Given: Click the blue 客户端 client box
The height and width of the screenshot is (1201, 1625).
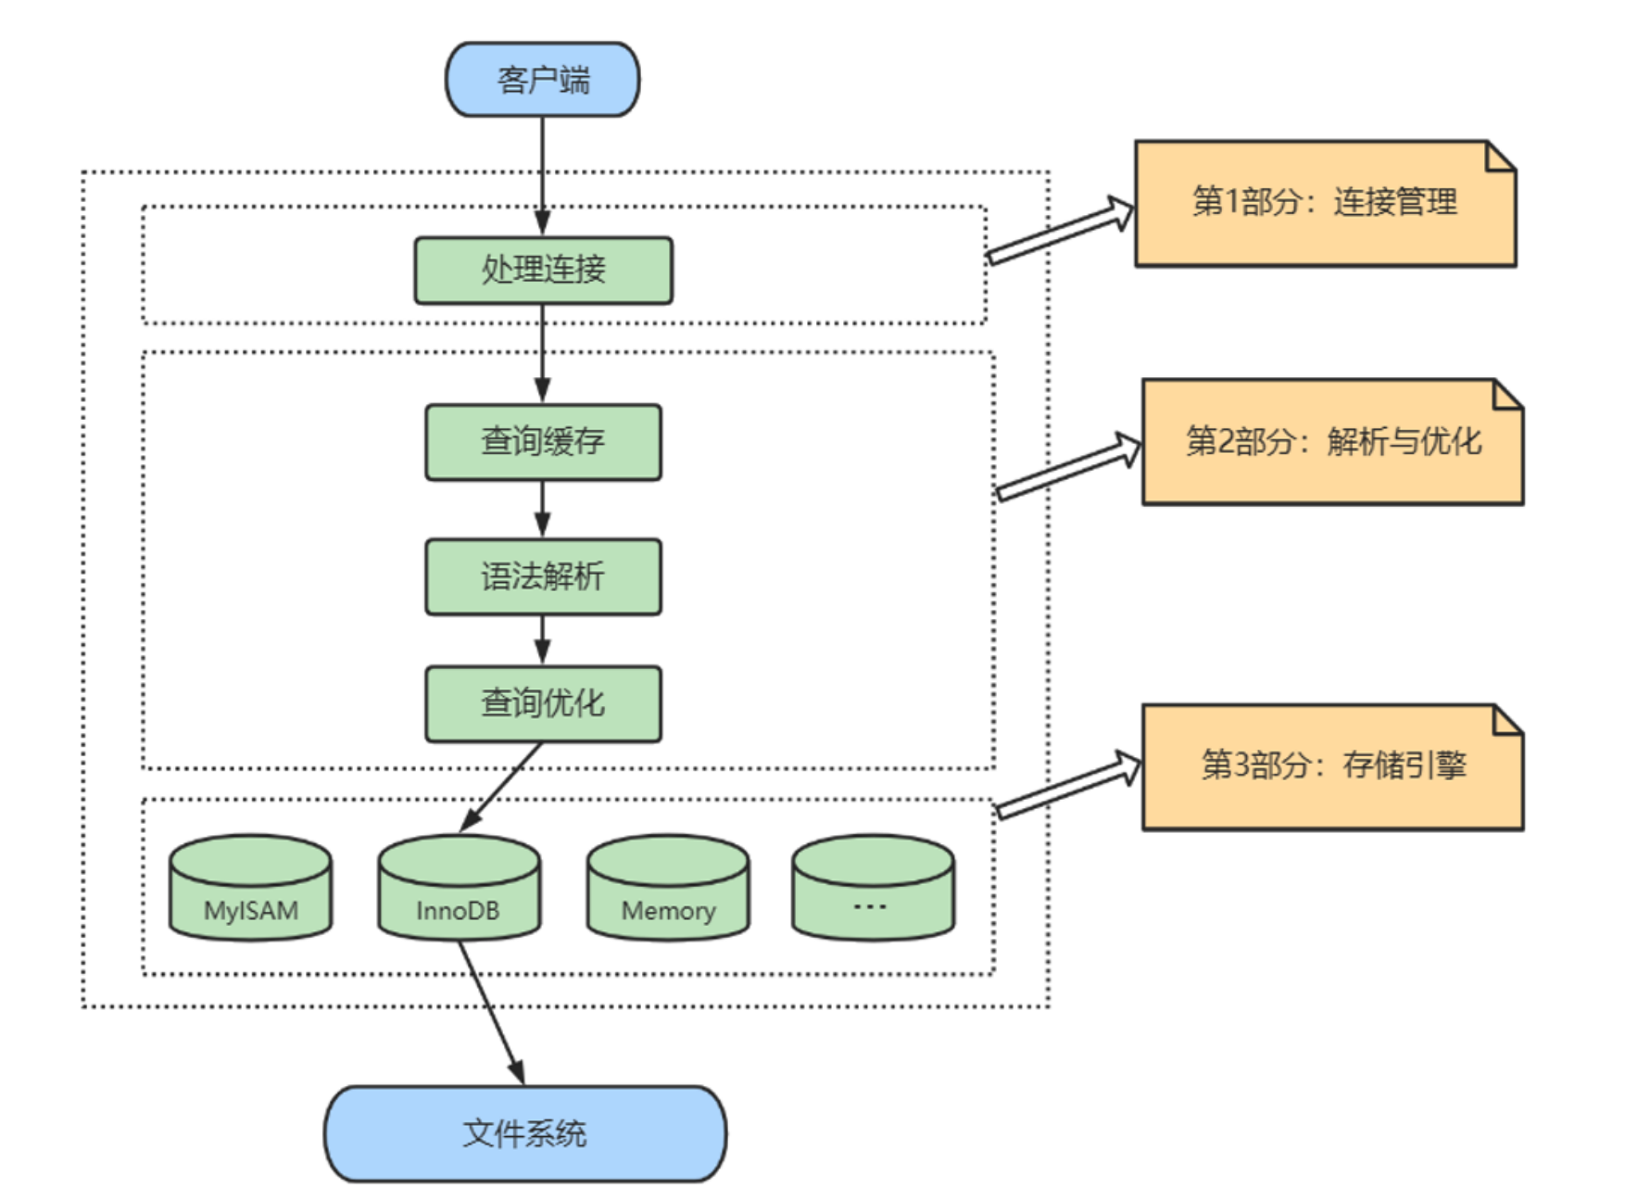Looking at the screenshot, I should click(543, 80).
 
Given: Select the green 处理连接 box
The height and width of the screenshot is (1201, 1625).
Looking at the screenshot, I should click(543, 270).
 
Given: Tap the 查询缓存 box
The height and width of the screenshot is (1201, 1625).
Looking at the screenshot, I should click(543, 442).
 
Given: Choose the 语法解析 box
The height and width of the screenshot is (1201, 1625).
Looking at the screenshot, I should click(543, 576).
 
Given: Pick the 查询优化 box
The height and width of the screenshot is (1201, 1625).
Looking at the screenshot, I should click(543, 703).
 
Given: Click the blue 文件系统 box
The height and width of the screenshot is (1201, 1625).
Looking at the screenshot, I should click(524, 1133).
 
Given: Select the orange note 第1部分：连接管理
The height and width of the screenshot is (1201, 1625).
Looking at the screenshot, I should click(1325, 204).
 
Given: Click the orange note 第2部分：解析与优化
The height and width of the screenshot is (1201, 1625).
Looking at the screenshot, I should click(1332, 442).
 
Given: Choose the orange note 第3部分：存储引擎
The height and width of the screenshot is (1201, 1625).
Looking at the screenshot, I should click(1332, 767).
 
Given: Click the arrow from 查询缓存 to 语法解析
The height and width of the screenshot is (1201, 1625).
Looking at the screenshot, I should click(543, 510).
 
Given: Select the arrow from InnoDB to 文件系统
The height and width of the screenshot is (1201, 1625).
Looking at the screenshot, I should click(490, 1010).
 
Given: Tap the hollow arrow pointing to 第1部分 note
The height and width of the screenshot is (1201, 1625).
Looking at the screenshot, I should click(1061, 231).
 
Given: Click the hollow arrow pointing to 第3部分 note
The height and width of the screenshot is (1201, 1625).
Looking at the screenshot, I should click(1067, 786).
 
